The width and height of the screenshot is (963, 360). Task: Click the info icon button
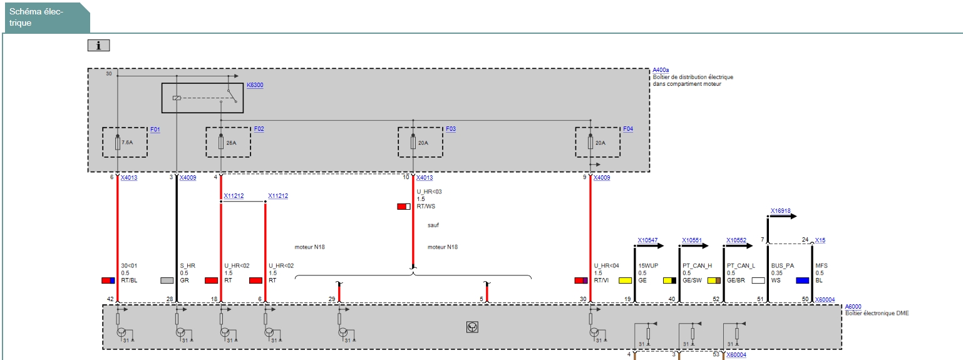point(99,45)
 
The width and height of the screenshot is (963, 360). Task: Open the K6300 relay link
point(255,85)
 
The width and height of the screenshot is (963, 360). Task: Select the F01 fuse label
point(155,129)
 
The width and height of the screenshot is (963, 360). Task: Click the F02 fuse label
point(259,129)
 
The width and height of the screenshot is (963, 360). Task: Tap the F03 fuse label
point(451,129)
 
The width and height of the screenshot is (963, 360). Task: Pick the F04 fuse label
point(628,129)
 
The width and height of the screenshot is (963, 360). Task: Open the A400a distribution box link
point(661,70)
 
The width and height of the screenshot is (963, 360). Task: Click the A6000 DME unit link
point(853,307)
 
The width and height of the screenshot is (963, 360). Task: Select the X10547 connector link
point(647,240)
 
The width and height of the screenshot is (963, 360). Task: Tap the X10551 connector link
point(692,240)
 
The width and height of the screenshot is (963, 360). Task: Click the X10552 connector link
point(736,240)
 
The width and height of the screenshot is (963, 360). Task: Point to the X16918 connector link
point(781,211)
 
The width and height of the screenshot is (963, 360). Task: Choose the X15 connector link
point(820,240)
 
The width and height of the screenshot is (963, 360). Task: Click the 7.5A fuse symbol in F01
point(118,143)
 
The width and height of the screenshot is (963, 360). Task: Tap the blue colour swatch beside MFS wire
point(802,280)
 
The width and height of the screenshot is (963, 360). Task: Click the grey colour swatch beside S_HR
point(167,280)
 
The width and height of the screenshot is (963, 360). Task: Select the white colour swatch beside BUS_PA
point(758,280)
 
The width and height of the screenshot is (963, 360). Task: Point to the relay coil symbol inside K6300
point(177,98)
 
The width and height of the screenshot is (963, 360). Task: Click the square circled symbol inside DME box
point(472,327)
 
